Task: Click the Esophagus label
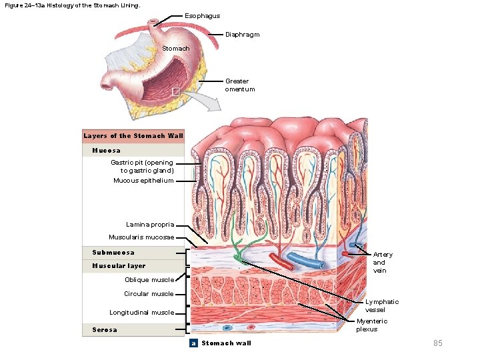(x=202, y=15)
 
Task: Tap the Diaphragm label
(x=242, y=34)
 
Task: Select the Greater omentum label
(x=239, y=85)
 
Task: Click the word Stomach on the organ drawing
(x=176, y=49)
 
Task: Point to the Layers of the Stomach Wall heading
(x=133, y=136)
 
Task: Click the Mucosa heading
(x=106, y=151)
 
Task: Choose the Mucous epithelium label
(x=143, y=181)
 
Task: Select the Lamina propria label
(x=150, y=225)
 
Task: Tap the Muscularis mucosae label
(x=141, y=237)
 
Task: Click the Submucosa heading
(x=113, y=253)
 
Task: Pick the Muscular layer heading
(x=118, y=266)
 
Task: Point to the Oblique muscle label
(x=149, y=280)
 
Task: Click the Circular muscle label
(x=149, y=294)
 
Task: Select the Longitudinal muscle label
(x=141, y=313)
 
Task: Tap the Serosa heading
(x=105, y=330)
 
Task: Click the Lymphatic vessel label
(x=381, y=305)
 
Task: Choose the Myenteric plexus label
(x=371, y=325)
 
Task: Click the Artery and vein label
(x=383, y=263)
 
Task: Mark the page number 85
(x=438, y=343)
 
